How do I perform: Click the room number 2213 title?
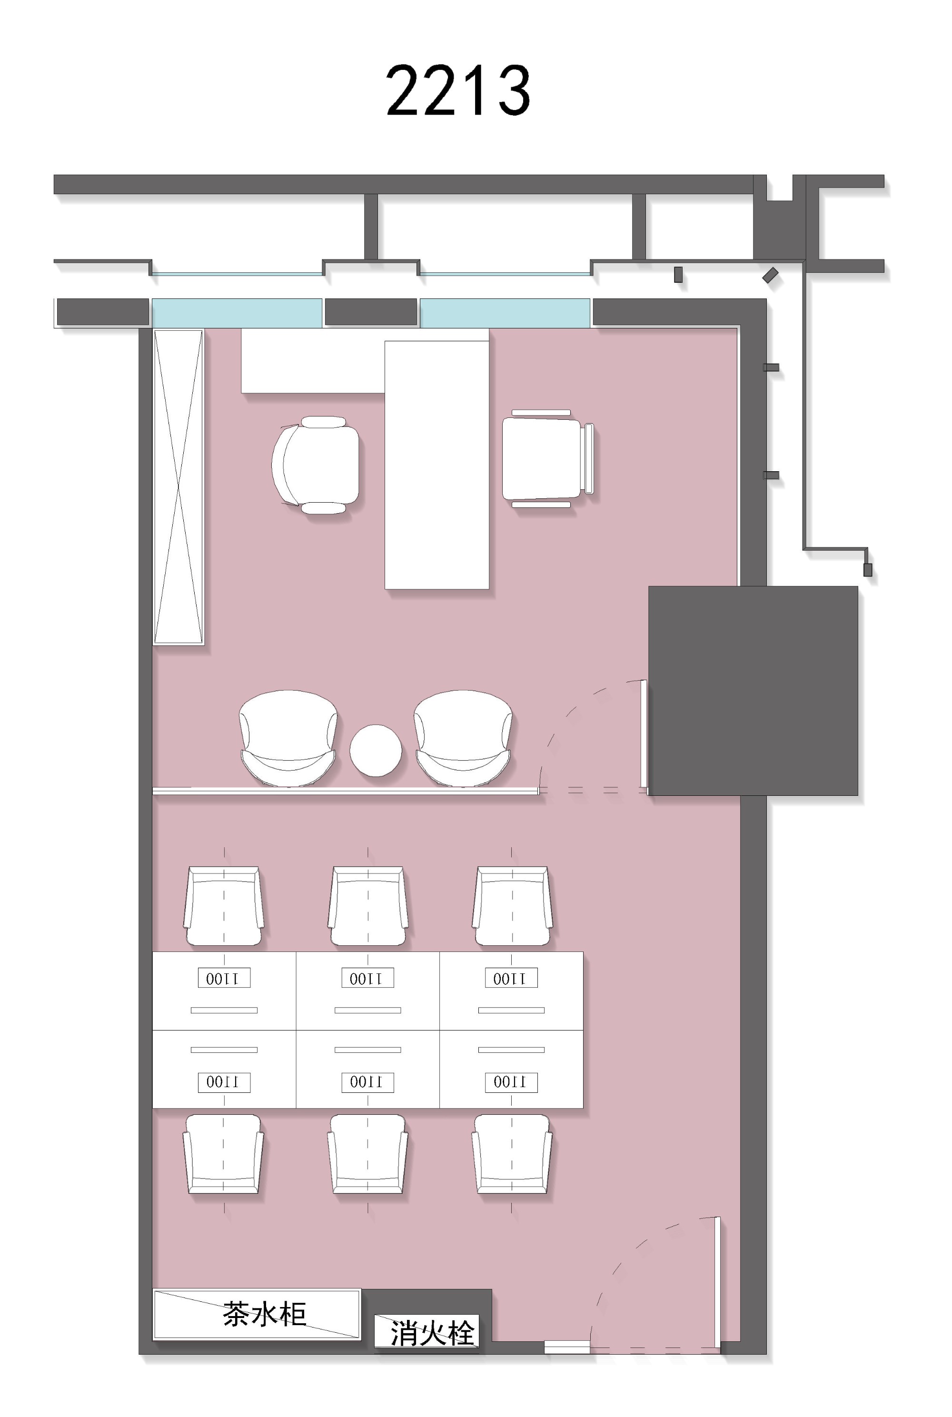[458, 90]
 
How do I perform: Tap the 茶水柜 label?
[264, 1314]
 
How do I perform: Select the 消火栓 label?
[432, 1333]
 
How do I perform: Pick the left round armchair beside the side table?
[288, 738]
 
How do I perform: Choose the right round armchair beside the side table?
[463, 738]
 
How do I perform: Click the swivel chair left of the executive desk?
[316, 465]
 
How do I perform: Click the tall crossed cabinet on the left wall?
[178, 486]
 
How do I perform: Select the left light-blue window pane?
[237, 313]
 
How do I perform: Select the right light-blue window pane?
[505, 313]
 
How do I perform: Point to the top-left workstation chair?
[224, 906]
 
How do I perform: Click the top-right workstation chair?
[512, 906]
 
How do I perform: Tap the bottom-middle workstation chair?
[367, 1153]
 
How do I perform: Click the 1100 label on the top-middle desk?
[367, 978]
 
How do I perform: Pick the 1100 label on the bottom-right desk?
[511, 1082]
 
